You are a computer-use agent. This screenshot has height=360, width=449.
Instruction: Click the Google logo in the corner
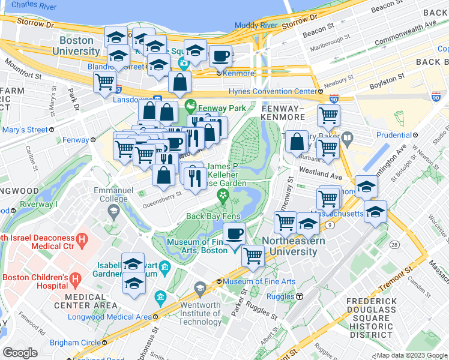(19, 353)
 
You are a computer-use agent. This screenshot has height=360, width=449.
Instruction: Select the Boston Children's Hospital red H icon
(75, 278)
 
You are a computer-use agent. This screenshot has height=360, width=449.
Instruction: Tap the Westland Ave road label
(321, 175)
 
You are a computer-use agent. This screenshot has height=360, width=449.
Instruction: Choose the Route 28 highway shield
(394, 245)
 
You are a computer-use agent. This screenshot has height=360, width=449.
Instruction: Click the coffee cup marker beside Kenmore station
(221, 56)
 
